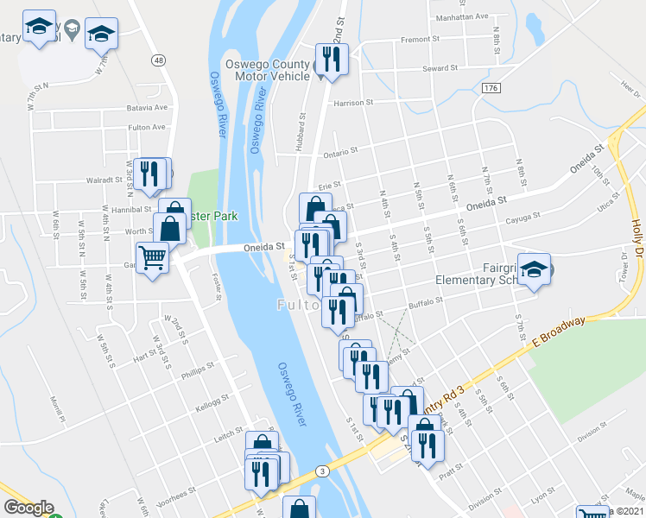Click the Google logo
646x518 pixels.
28,508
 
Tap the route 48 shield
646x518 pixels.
157,60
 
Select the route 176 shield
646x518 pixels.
491,89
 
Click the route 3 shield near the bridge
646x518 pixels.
321,471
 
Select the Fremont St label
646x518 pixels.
421,40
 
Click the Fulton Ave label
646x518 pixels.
146,127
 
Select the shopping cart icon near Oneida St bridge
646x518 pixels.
153,256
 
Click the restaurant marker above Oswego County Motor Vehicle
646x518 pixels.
330,58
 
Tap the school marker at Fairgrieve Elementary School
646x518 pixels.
534,268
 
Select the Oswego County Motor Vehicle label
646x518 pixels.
267,70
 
